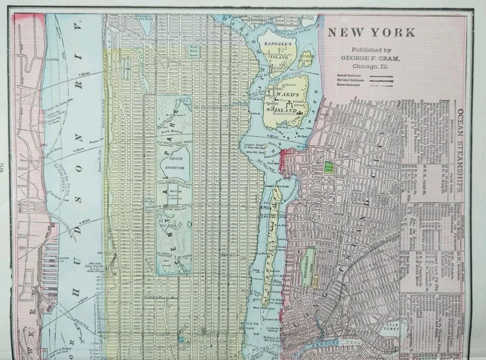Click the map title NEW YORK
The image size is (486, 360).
[x=371, y=33]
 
